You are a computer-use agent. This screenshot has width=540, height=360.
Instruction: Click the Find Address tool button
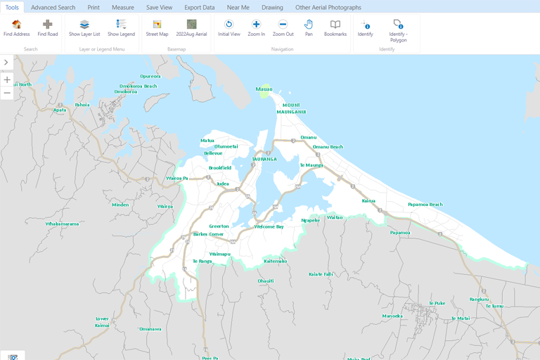tap(17, 27)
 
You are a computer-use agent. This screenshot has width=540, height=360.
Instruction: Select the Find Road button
tap(48, 27)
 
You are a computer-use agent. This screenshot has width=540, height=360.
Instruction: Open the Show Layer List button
tap(84, 27)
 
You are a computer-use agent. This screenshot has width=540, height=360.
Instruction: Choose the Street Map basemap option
tap(157, 27)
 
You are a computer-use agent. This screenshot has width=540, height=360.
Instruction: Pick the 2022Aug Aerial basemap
tap(191, 27)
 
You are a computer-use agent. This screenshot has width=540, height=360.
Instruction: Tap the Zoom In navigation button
tap(256, 27)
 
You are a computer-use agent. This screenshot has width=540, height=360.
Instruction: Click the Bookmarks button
tap(335, 27)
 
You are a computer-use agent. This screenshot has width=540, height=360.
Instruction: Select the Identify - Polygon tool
tap(398, 30)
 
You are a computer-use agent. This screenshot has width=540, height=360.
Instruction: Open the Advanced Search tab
tap(53, 7)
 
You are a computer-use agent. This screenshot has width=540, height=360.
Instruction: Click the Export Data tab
tap(200, 7)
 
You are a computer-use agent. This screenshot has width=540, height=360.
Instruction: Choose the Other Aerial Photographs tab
tap(328, 7)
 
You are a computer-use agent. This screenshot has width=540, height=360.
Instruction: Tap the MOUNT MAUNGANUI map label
tap(290, 108)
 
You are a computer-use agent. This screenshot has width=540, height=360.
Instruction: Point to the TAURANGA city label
tap(264, 159)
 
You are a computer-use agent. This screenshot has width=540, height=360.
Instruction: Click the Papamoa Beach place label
tap(425, 205)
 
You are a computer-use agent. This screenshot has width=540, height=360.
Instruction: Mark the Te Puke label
tap(437, 303)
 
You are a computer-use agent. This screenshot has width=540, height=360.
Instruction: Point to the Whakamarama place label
tap(62, 224)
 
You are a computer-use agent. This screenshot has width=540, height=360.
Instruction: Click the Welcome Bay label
tap(269, 226)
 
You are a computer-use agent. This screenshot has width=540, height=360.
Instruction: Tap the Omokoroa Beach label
tap(139, 86)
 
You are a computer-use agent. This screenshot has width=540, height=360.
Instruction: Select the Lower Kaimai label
tap(102, 322)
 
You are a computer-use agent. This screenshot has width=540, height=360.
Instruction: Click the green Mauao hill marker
tap(264, 91)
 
